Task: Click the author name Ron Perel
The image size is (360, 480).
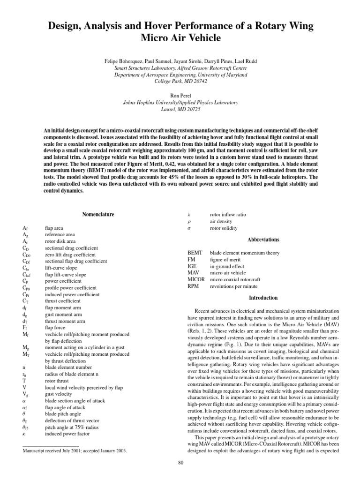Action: click(180, 95)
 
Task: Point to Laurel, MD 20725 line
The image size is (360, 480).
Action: click(180, 109)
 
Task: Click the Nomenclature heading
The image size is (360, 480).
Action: click(98, 214)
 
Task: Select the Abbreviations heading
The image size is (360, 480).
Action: click(263, 240)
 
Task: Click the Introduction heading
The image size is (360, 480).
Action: click(263, 298)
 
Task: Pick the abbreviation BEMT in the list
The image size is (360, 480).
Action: click(195, 252)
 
